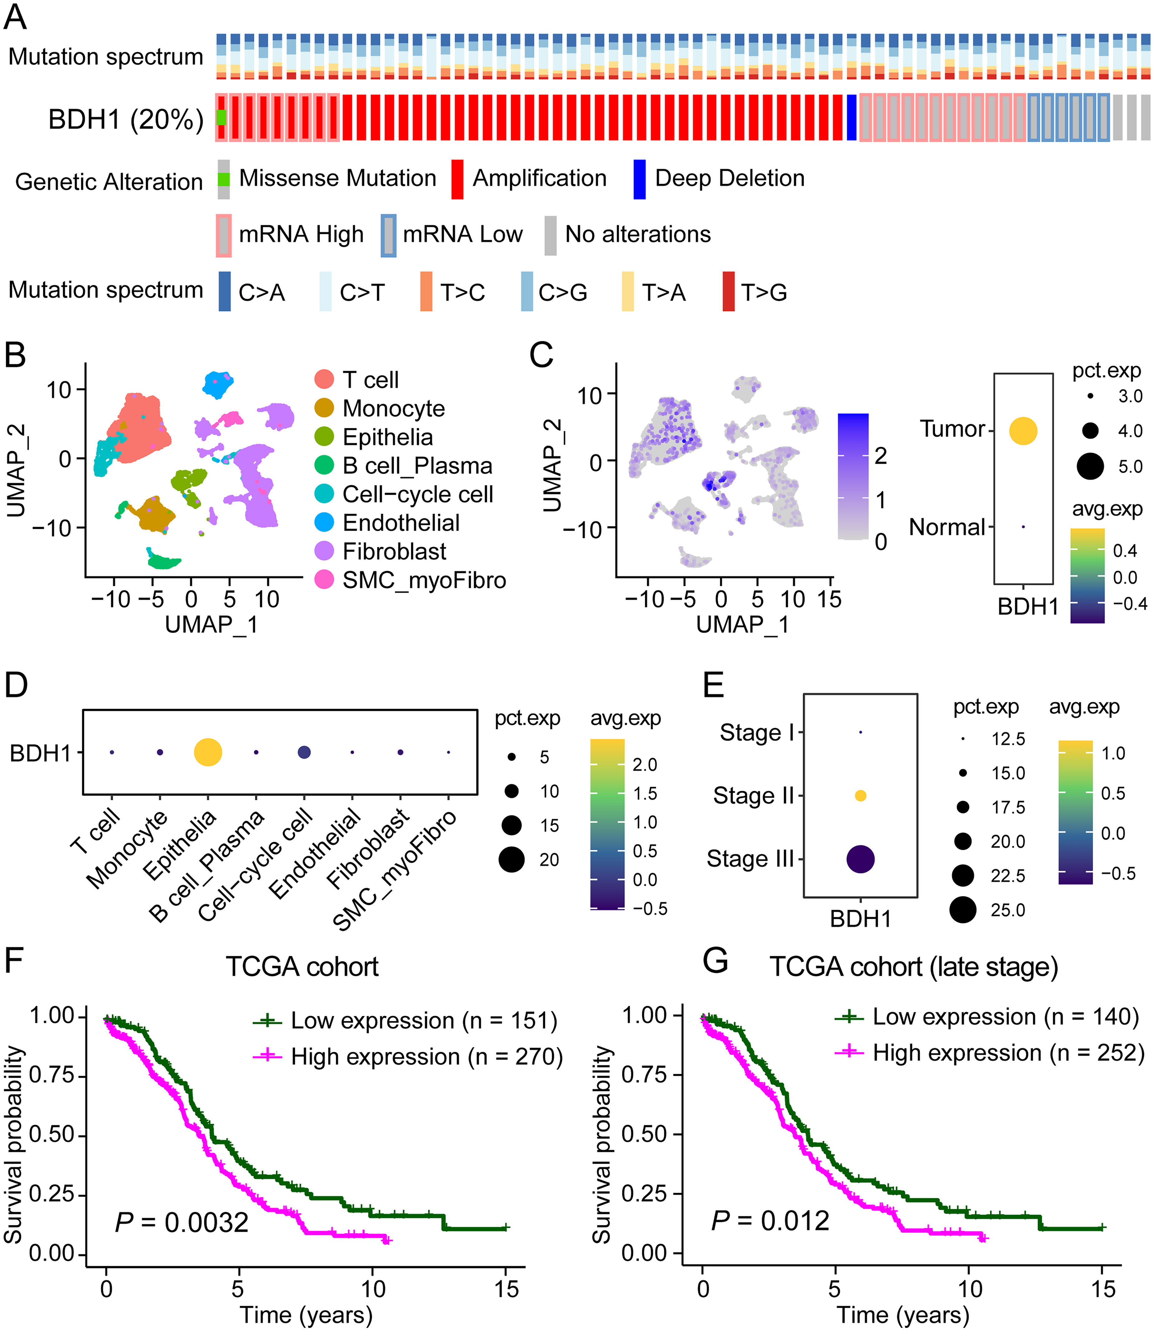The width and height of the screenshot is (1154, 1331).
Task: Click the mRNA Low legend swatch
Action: point(388,235)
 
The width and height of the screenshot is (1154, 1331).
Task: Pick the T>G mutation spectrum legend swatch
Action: point(728,292)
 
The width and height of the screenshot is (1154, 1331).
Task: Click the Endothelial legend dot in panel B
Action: point(324,522)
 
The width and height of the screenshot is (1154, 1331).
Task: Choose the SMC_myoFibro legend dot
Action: point(324,580)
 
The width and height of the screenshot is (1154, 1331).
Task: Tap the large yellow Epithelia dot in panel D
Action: point(208,752)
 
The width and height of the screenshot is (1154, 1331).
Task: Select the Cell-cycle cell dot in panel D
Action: point(304,752)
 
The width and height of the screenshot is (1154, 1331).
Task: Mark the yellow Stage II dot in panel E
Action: point(860,796)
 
